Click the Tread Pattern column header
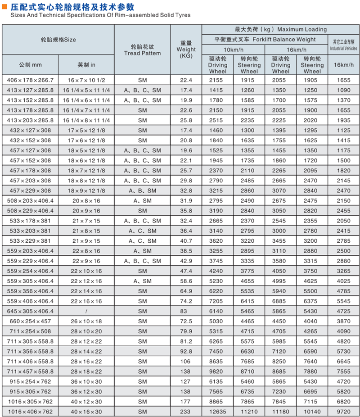click(x=142, y=50)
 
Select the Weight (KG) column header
click(x=186, y=50)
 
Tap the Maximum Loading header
click(x=280, y=29)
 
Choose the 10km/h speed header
click(x=233, y=50)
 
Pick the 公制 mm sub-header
click(x=30, y=65)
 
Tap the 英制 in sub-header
click(x=86, y=65)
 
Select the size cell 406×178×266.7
click(x=30, y=80)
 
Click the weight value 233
click(x=186, y=412)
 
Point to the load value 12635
click(x=217, y=412)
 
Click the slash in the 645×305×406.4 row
click(x=86, y=311)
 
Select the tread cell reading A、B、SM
click(x=142, y=190)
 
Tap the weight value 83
click(x=186, y=311)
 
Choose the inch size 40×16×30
click(x=86, y=412)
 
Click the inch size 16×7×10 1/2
click(x=86, y=80)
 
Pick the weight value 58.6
click(x=186, y=281)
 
